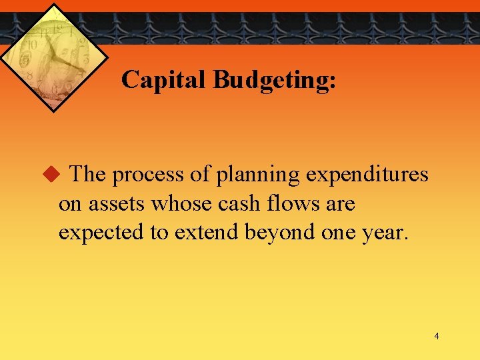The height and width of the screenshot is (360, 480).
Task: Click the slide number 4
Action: point(437,336)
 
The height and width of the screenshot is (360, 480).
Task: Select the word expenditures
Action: point(367,175)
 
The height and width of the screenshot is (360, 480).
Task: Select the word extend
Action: point(203,232)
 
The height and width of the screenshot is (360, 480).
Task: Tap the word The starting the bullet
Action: point(87,175)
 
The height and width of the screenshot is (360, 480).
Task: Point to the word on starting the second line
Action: point(69,203)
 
